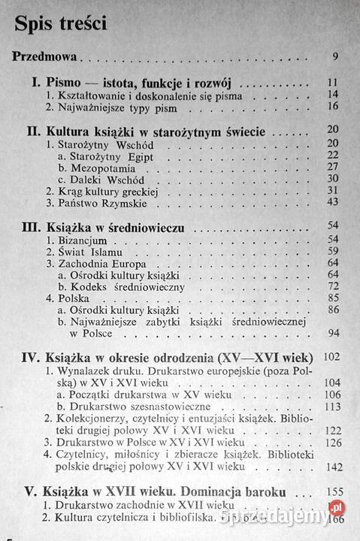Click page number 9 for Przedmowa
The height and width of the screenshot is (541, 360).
[334, 56]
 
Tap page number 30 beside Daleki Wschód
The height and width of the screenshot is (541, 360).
[333, 180]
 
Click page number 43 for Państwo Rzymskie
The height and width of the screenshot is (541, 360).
[333, 203]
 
